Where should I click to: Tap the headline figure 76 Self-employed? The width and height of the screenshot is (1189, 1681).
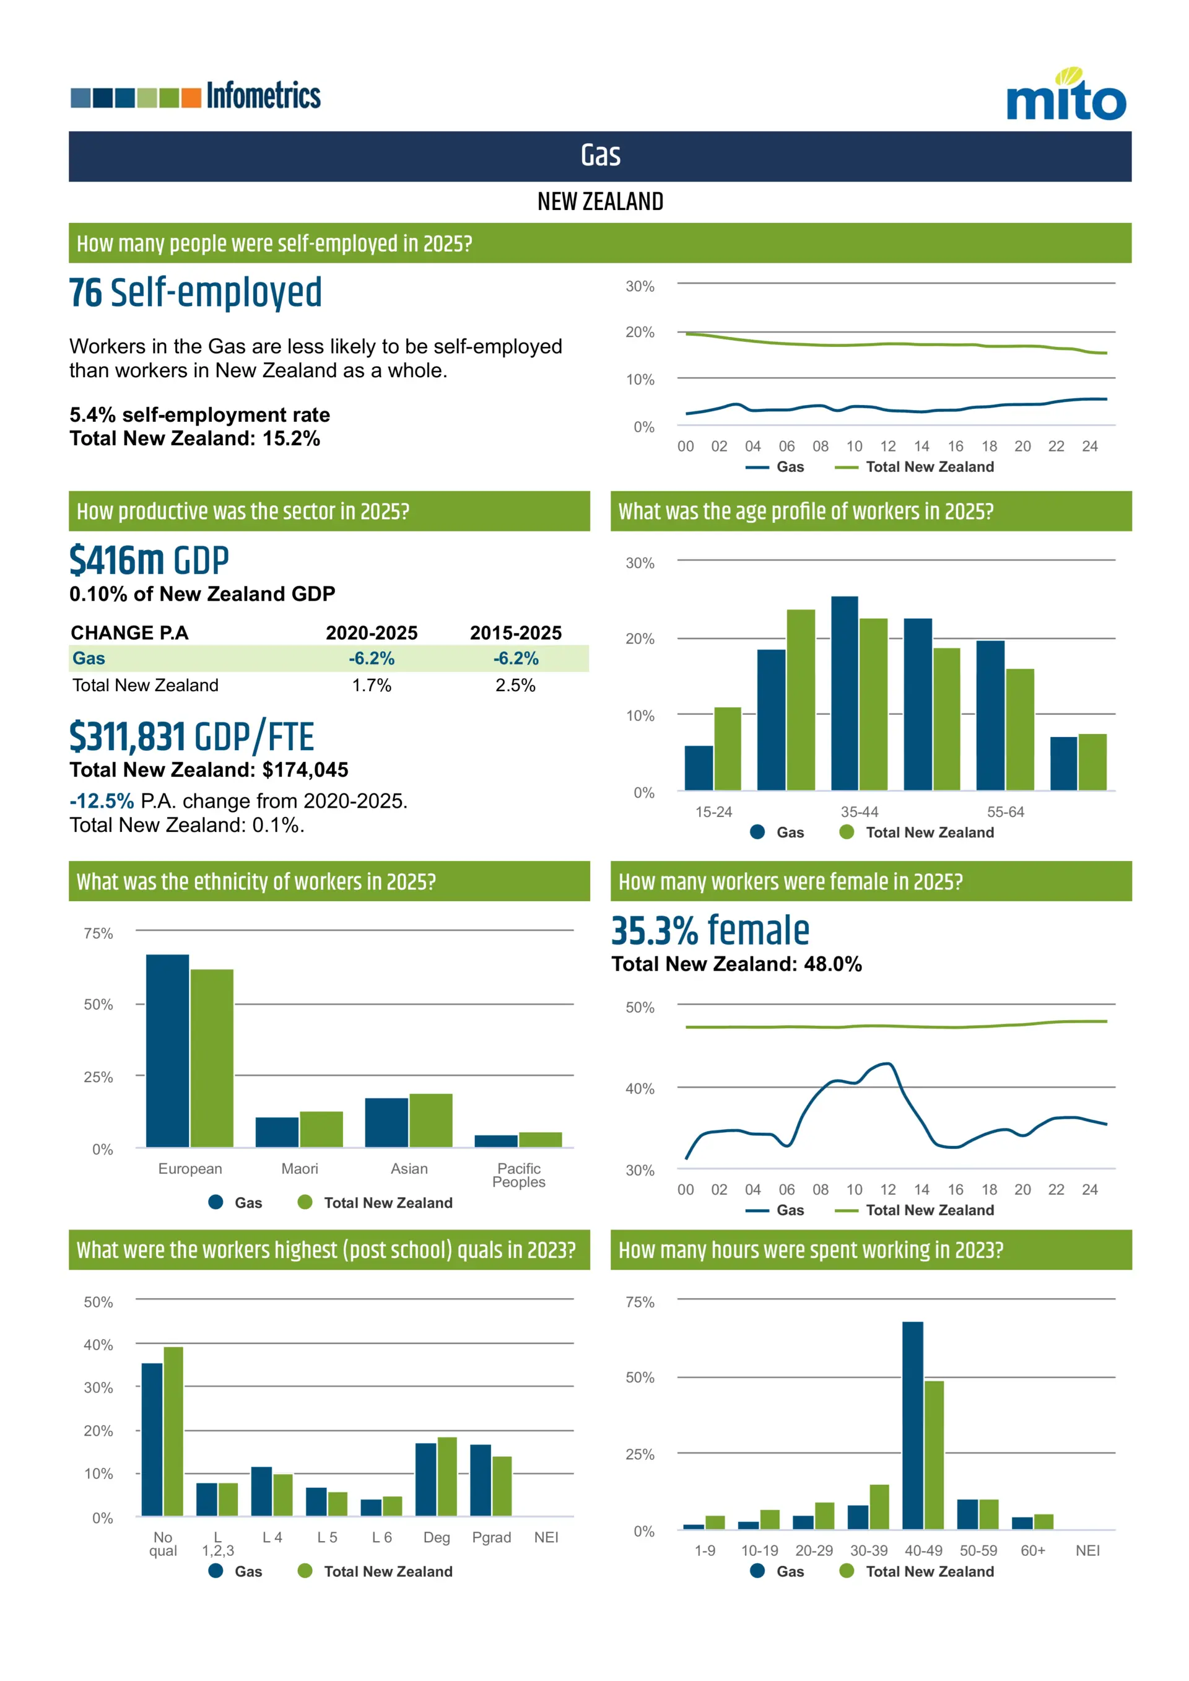click(196, 293)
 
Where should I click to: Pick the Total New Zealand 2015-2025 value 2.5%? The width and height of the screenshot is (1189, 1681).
click(515, 685)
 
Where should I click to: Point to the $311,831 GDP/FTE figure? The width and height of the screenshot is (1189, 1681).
click(192, 736)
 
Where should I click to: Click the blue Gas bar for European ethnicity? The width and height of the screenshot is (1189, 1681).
click(167, 1050)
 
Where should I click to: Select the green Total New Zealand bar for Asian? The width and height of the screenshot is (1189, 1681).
click(430, 1120)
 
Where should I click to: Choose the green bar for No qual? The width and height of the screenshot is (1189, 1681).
click(173, 1431)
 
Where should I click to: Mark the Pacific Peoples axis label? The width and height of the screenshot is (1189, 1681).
click(518, 1175)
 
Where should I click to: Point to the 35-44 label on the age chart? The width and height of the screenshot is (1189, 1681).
click(859, 812)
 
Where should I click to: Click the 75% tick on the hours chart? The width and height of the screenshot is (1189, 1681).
click(639, 1302)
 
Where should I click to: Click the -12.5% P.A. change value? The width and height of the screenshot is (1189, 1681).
click(102, 801)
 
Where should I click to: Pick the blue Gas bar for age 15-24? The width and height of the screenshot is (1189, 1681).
click(699, 768)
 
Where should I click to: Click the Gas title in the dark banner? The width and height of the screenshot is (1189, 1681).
click(600, 156)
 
